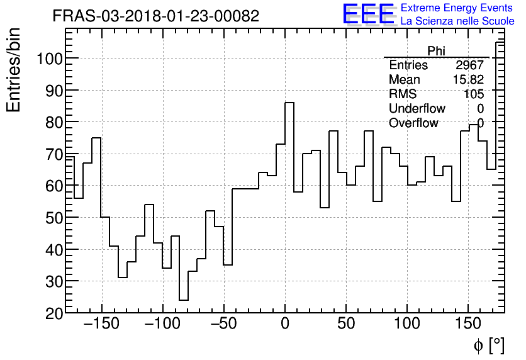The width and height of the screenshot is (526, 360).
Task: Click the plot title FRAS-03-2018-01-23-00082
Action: pos(155,16)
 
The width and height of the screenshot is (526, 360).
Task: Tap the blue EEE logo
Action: pos(368,14)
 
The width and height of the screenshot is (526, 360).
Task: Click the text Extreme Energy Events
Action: pos(457,8)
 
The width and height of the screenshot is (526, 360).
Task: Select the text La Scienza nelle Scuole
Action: pos(457,21)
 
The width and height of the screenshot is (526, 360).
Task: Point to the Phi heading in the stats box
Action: pos(436,51)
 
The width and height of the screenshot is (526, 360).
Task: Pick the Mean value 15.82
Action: pos(467,80)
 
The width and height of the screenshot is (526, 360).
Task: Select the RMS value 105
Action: pos(473,94)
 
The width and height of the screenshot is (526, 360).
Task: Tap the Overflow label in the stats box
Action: pos(413,123)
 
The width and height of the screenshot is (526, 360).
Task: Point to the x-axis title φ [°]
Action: pos(489,345)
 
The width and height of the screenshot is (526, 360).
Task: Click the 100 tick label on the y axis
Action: pos(49,59)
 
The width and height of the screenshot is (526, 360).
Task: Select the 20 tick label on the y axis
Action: pos(53,313)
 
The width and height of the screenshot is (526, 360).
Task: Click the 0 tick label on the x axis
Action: pos(285,325)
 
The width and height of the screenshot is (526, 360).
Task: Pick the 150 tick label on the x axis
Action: pos(468,325)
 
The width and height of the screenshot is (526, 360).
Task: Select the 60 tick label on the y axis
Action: pos(53,186)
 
